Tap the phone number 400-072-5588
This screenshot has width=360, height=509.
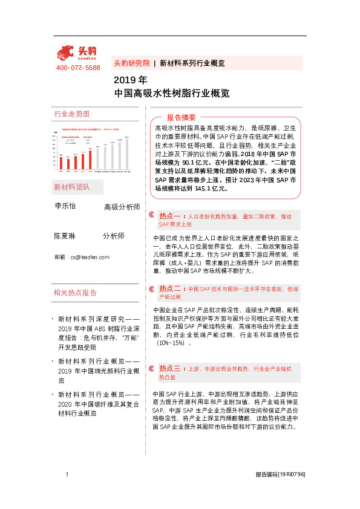[x=78, y=68]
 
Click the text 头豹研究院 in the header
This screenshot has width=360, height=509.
[x=131, y=63]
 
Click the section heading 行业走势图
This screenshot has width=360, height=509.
[x=71, y=114]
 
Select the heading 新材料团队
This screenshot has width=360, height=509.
[x=71, y=186]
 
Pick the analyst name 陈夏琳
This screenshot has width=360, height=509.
[x=65, y=236]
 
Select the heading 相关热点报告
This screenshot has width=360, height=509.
[x=75, y=293]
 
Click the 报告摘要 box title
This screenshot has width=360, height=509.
[x=181, y=117]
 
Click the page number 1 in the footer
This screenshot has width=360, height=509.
[x=67, y=475]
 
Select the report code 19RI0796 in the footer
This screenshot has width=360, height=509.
[x=292, y=475]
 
